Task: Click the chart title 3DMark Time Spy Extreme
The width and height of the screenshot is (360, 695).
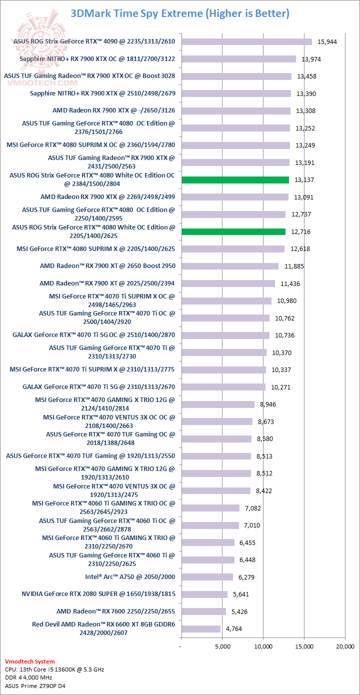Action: (x=180, y=13)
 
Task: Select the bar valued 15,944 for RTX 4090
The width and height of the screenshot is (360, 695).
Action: (x=246, y=41)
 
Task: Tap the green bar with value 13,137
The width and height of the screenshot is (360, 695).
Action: (x=235, y=179)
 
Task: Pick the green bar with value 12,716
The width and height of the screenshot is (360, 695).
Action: (x=233, y=231)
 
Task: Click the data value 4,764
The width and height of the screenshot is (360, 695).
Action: (x=233, y=628)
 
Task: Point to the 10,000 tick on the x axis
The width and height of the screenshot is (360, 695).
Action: (x=263, y=646)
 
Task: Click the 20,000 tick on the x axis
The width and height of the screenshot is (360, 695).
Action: (x=344, y=646)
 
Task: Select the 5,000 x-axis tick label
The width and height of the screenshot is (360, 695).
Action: (x=222, y=646)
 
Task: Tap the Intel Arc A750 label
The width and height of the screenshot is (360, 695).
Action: (x=130, y=576)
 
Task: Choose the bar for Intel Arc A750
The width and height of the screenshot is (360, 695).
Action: (x=207, y=577)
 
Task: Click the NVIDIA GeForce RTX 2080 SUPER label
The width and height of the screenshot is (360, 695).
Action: (x=98, y=594)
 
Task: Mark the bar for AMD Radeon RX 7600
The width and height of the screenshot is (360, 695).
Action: (x=203, y=611)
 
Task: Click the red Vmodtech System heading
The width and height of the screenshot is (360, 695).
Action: (x=30, y=661)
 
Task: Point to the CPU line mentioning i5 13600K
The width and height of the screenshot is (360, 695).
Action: (x=54, y=669)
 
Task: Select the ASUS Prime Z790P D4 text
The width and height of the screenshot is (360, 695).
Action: (x=35, y=685)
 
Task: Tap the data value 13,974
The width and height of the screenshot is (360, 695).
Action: (x=311, y=59)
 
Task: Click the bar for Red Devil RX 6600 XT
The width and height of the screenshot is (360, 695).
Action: (x=200, y=628)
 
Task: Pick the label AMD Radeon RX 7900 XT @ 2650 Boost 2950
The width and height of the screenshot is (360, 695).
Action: (x=107, y=265)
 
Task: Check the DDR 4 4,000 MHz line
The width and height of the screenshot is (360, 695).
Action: (x=28, y=677)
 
